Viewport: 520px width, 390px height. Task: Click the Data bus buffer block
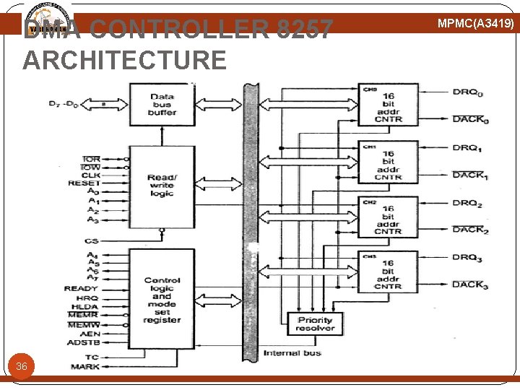162,105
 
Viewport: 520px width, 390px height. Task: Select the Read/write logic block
162,186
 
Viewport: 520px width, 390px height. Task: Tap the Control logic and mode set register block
162,299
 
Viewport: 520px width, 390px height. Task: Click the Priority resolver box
315,324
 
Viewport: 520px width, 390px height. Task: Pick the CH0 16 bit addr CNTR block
389,105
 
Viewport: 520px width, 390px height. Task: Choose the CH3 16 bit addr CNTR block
389,272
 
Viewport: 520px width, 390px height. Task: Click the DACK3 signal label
470,285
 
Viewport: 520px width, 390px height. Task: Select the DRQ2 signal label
467,204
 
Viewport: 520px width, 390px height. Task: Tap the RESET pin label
84,183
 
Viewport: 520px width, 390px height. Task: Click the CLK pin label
90,175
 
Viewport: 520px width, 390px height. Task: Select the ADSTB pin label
84,342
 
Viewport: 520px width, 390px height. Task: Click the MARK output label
85,367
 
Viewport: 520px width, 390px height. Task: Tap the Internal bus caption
292,353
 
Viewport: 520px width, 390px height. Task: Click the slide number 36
22,367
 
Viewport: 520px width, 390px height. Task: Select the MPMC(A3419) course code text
476,24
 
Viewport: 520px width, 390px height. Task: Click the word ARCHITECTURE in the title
124,60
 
